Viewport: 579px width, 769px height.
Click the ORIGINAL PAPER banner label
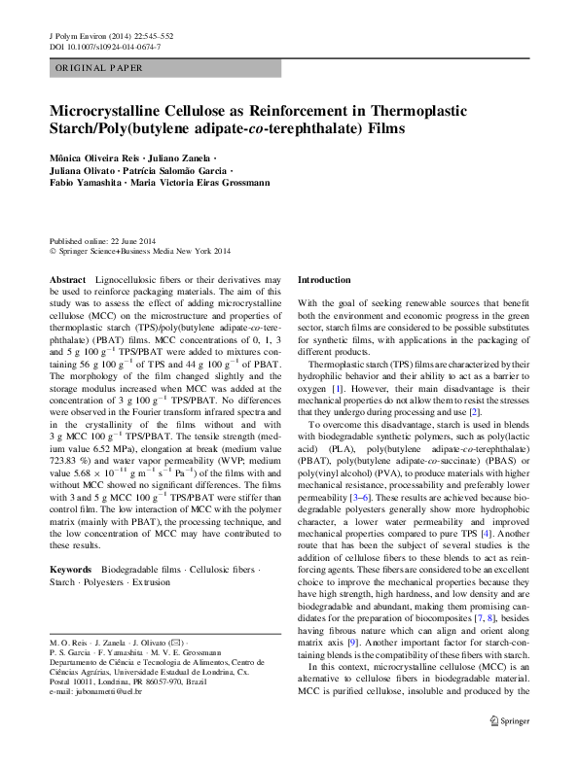click(99, 68)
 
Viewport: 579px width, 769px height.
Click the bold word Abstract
click(67, 279)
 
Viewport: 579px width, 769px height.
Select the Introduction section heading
click(323, 279)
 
